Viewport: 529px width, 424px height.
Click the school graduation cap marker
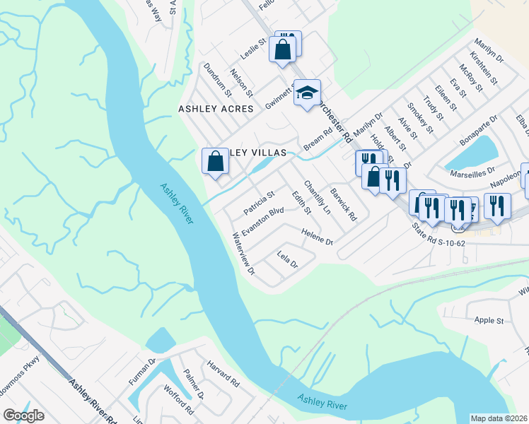(x=307, y=93)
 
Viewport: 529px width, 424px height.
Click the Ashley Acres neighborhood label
(x=216, y=109)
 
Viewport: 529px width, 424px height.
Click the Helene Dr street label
(x=316, y=237)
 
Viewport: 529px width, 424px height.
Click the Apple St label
(x=489, y=320)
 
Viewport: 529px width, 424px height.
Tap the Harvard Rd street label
(x=223, y=372)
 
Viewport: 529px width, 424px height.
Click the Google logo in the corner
(x=24, y=416)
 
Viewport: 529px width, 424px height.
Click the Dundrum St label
(x=217, y=79)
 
